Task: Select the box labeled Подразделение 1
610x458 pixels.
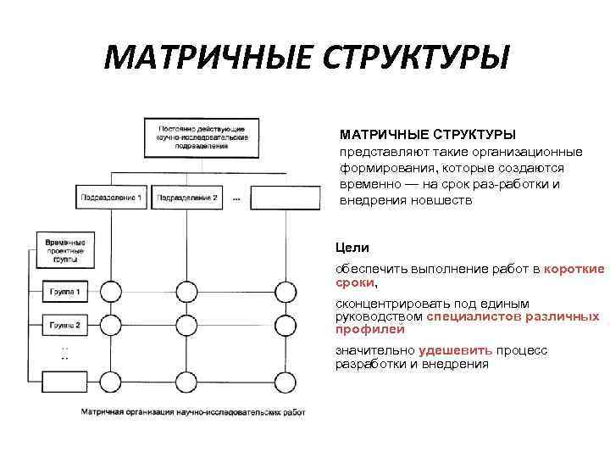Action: (x=111, y=198)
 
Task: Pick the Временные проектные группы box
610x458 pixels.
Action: (x=66, y=249)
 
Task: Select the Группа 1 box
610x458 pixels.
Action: (x=65, y=293)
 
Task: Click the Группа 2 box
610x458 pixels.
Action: (x=65, y=326)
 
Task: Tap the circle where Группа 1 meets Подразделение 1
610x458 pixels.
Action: (x=111, y=293)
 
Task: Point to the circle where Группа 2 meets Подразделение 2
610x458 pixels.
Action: (x=186, y=325)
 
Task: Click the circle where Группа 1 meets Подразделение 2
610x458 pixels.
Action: (x=186, y=293)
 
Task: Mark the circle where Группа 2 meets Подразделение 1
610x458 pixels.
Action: (x=111, y=325)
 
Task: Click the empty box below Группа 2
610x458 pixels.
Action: (x=65, y=379)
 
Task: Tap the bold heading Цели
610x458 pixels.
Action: (x=352, y=248)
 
